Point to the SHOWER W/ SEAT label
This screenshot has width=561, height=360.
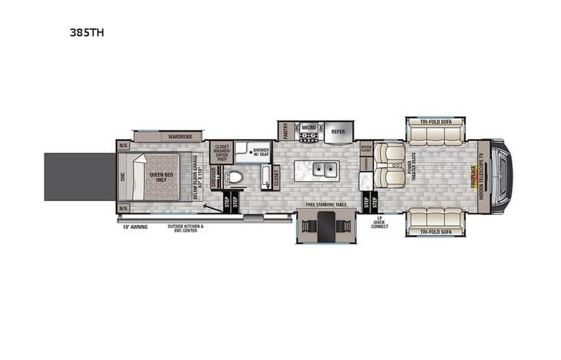[x=261, y=152]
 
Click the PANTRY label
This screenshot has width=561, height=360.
[x=285, y=131]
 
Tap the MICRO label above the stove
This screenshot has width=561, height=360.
[x=309, y=127]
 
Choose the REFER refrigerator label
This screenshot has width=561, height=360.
[x=338, y=131]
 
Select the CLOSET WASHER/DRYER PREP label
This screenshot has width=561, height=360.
[x=222, y=152]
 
